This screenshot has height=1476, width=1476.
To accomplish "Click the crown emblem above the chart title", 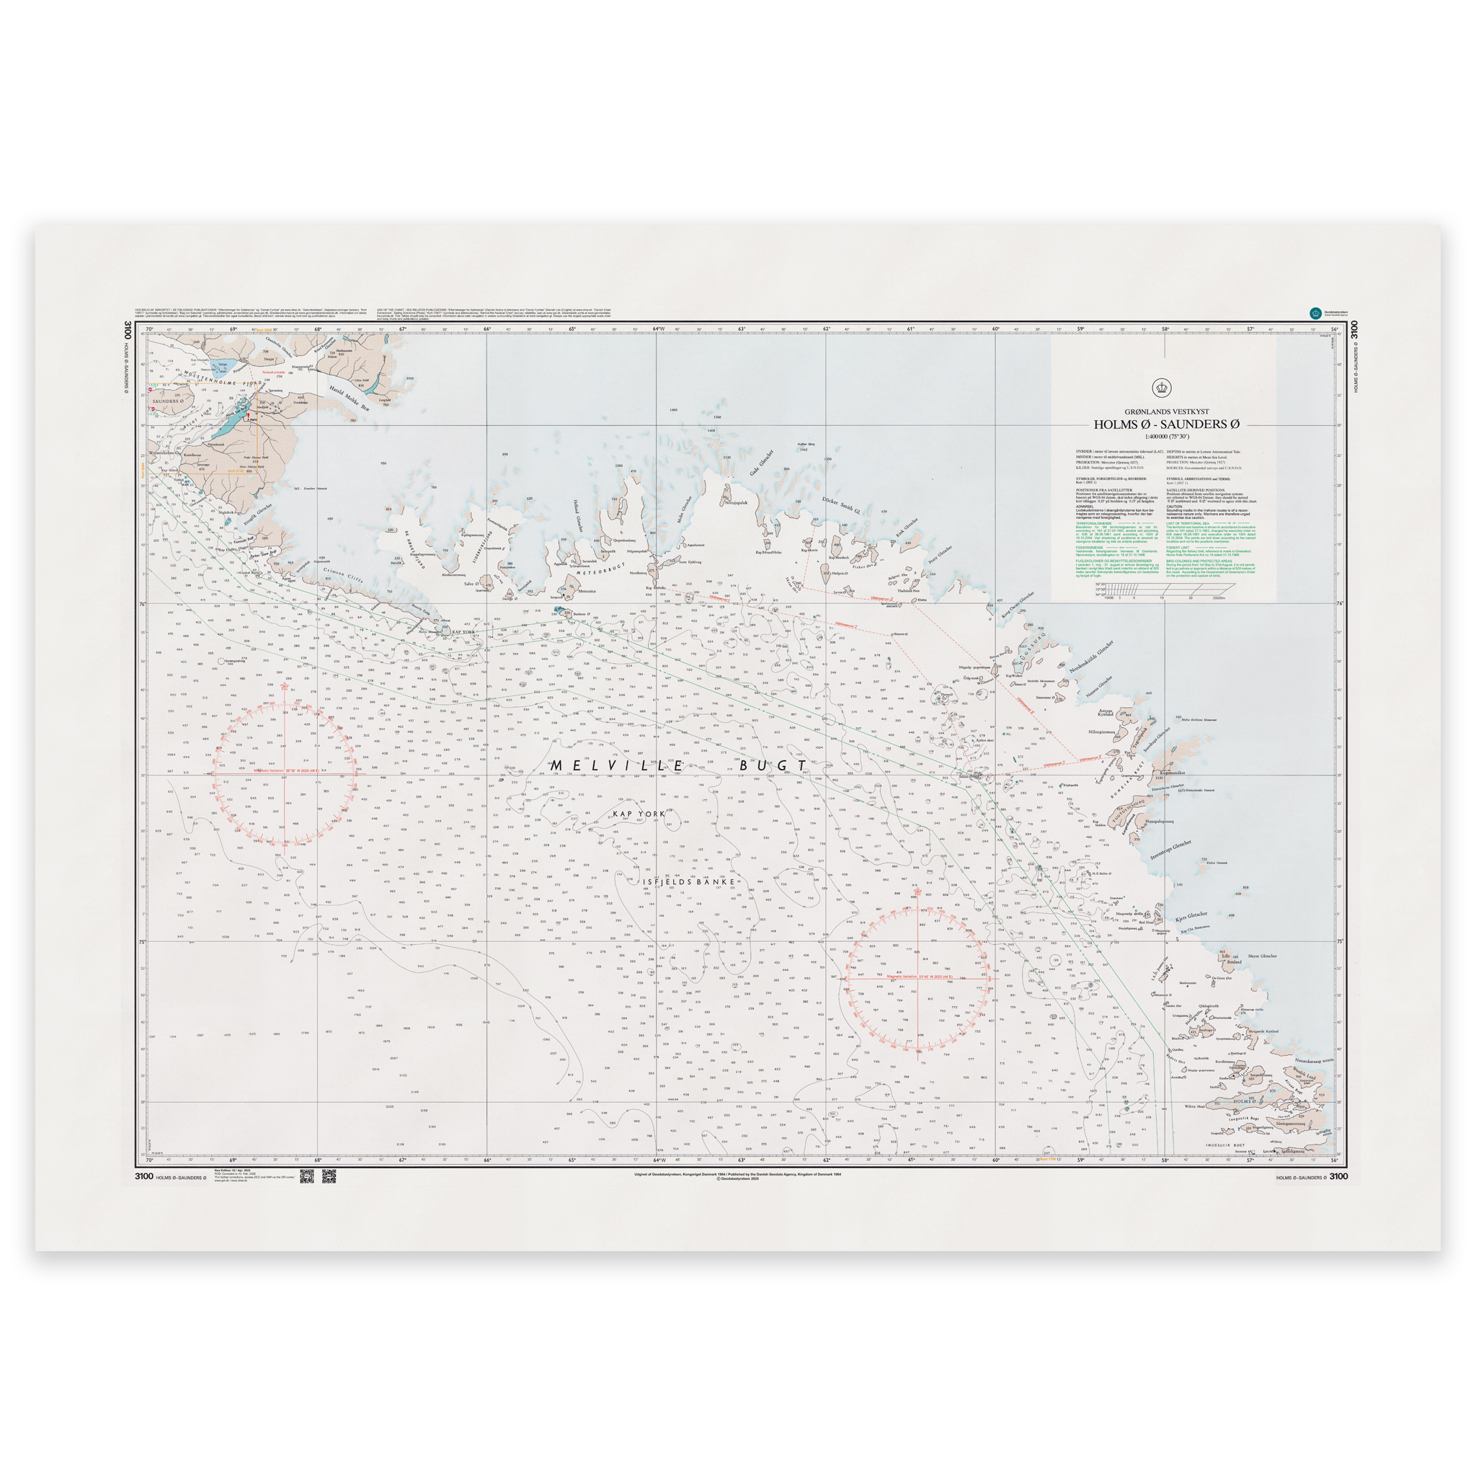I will tap(1162, 387).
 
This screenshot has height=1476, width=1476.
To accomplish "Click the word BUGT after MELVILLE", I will tap(772, 765).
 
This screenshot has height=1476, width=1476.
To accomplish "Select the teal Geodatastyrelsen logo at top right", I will tap(1315, 313).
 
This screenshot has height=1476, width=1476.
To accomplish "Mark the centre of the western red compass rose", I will tap(284, 773).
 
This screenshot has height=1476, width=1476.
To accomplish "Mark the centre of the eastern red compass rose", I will tap(917, 978).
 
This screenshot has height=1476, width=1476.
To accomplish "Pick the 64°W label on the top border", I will tap(659, 329).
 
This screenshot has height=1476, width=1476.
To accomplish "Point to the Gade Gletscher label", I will tap(761, 463).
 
